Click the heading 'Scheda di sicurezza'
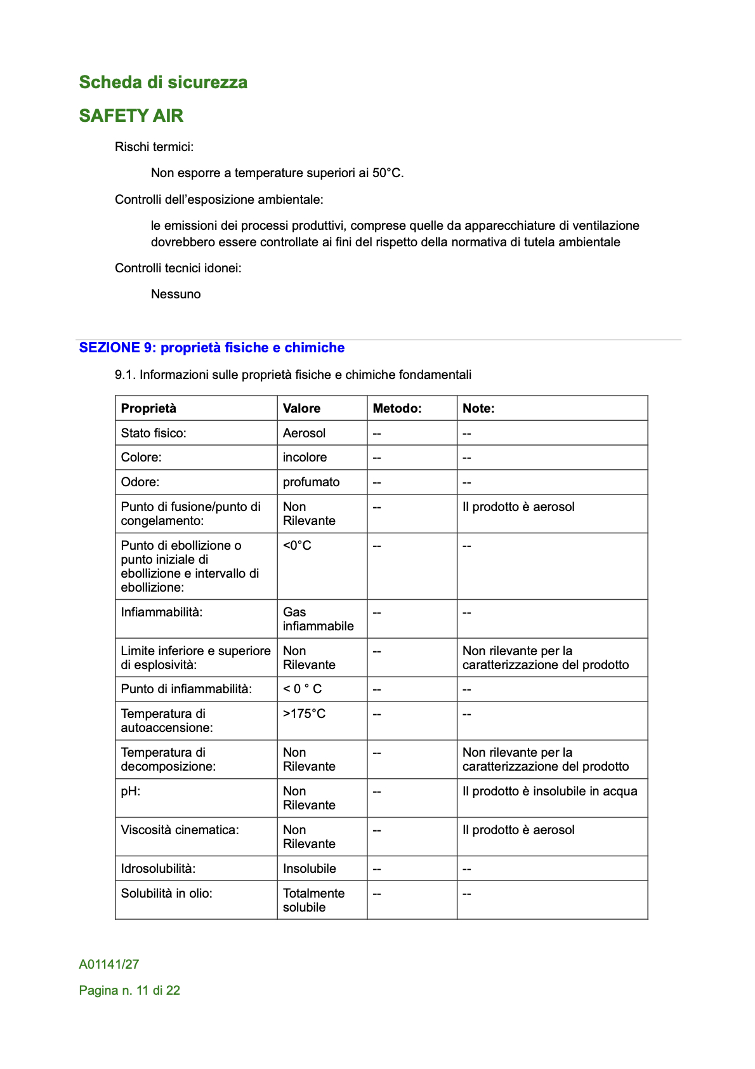click(x=163, y=83)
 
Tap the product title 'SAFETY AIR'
click(x=131, y=116)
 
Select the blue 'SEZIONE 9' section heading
click(x=212, y=348)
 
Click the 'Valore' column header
click(x=302, y=408)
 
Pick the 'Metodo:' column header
click(x=397, y=408)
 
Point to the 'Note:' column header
click(x=479, y=408)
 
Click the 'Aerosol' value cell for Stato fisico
click(x=305, y=433)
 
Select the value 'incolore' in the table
click(x=305, y=457)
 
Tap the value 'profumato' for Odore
click(x=312, y=482)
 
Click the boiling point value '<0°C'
click(x=298, y=545)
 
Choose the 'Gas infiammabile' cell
click(x=318, y=619)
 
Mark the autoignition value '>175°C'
click(x=305, y=714)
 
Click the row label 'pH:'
click(x=131, y=791)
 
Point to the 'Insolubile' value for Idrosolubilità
click(x=310, y=868)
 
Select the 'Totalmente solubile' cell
click(x=314, y=900)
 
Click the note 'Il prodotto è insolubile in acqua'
click(x=550, y=791)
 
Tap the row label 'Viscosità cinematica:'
click(x=180, y=830)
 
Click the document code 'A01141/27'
click(x=109, y=964)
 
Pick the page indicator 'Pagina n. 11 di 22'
click(x=129, y=990)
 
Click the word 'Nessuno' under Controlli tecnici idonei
click(x=176, y=294)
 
